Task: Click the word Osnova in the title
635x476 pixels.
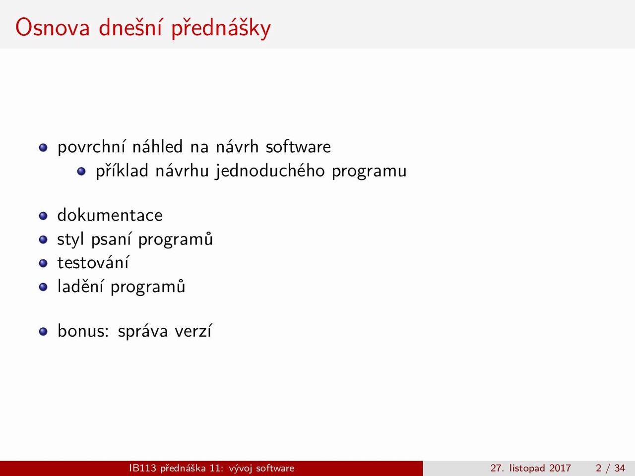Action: [53, 28]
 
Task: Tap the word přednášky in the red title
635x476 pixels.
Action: [221, 28]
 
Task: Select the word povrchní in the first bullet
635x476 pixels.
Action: [92, 147]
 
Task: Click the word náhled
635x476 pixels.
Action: [157, 146]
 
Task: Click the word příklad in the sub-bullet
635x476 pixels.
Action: [122, 171]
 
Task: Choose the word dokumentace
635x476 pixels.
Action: [110, 215]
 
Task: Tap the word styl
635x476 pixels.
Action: [70, 239]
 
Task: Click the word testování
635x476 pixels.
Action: [93, 263]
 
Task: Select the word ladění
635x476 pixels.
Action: [81, 287]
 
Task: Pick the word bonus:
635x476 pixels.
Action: [83, 331]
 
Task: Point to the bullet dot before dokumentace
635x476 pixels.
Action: [43, 216]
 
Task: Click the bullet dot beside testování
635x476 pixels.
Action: [43, 263]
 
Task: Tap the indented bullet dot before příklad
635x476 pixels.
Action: [81, 171]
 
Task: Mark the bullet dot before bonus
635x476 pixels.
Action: [43, 332]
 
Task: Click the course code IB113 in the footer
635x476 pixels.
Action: [142, 468]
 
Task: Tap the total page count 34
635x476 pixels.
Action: [620, 468]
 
